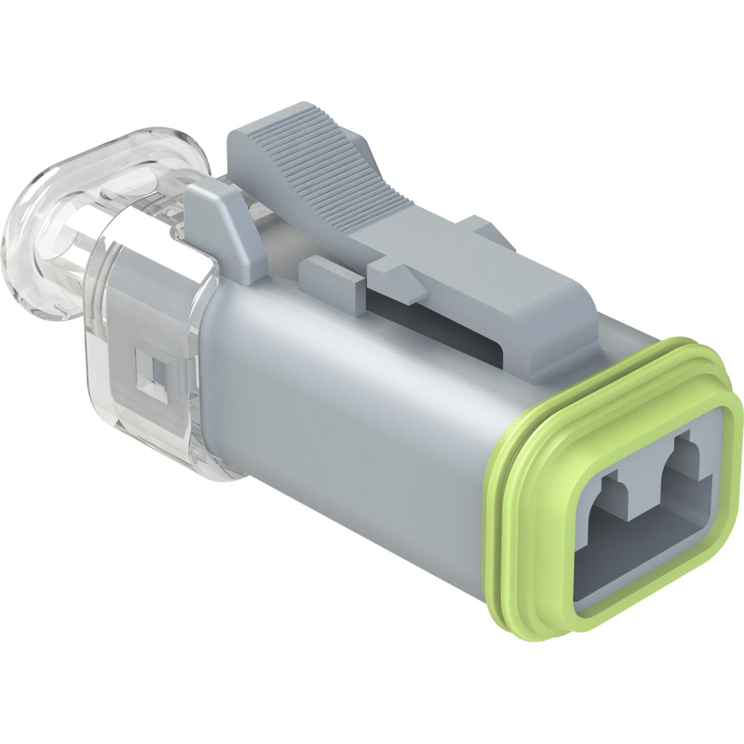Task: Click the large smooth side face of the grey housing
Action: point(344,405)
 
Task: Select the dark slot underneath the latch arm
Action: point(445,324)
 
